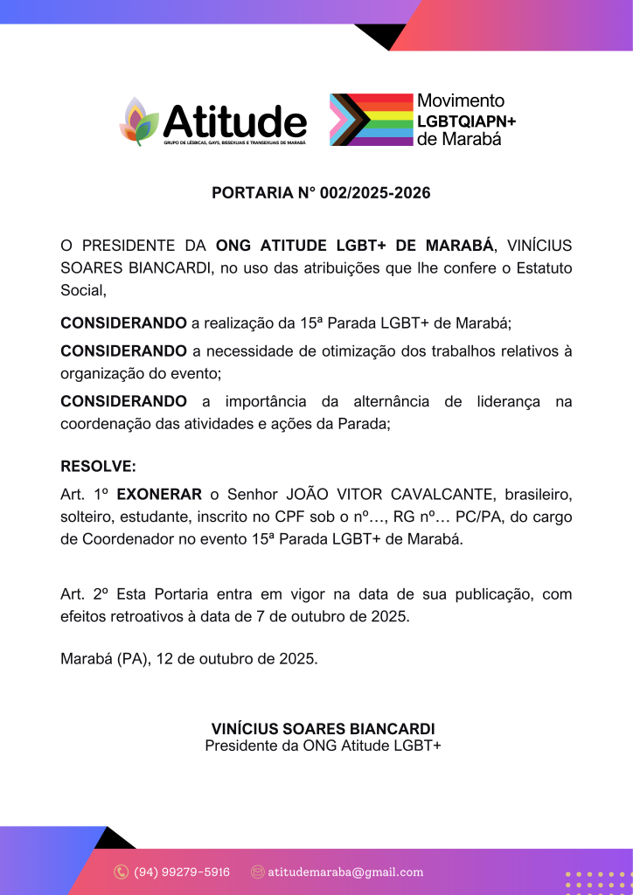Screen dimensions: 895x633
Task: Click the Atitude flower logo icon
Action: (x=138, y=121)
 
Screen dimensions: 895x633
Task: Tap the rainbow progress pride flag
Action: (x=370, y=119)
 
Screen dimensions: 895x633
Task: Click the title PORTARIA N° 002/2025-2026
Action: (x=321, y=193)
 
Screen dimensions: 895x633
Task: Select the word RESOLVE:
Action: (x=98, y=466)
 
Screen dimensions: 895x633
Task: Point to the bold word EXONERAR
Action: (x=159, y=494)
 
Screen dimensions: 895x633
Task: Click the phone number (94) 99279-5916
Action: (x=182, y=871)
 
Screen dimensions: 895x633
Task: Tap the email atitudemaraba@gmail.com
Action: (x=345, y=871)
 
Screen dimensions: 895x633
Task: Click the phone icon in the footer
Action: (x=122, y=871)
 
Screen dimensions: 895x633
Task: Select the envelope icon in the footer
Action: (x=257, y=871)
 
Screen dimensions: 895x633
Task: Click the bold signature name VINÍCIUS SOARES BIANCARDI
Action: (x=323, y=729)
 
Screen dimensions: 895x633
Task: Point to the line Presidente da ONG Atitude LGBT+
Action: (x=323, y=746)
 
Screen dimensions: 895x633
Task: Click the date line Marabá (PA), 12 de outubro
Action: (x=189, y=658)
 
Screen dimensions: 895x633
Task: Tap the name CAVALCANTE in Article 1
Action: (x=435, y=494)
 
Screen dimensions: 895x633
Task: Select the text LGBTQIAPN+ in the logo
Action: (x=466, y=121)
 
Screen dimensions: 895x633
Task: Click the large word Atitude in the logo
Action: (x=234, y=120)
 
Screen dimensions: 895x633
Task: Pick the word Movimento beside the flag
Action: (x=461, y=101)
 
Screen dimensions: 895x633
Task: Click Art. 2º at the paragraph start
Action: (x=84, y=594)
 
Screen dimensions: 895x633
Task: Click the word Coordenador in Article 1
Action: (x=127, y=539)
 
